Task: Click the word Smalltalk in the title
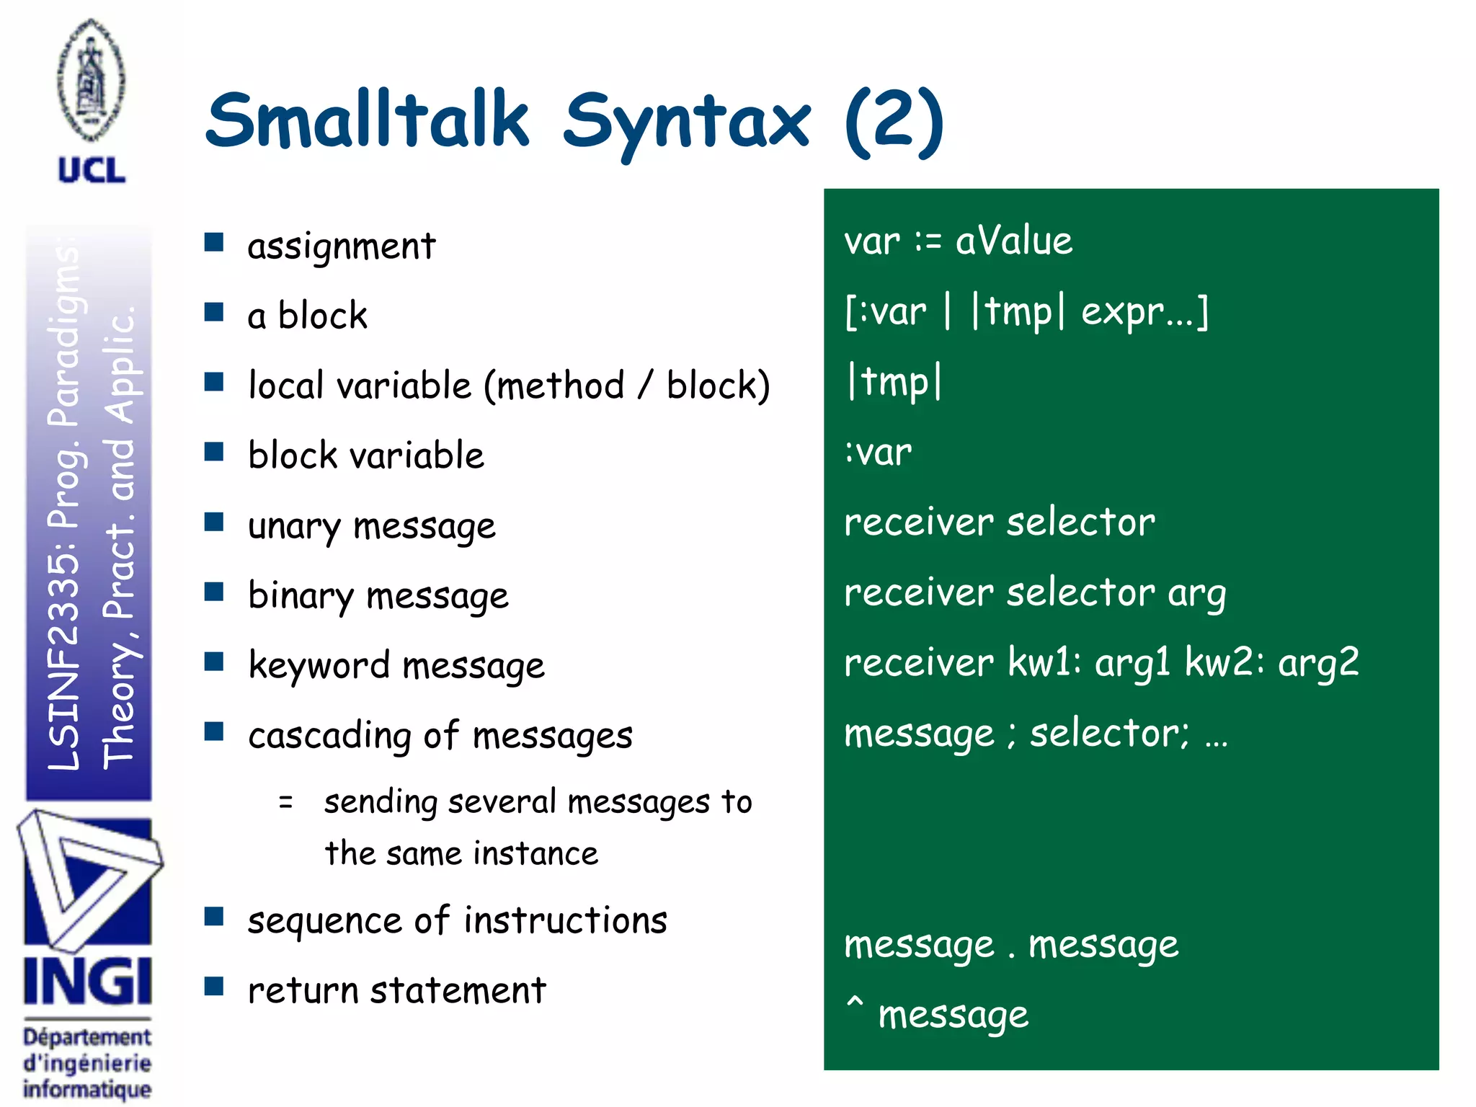[368, 119]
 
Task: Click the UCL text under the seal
[92, 171]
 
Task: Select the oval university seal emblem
[91, 81]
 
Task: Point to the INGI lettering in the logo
[88, 981]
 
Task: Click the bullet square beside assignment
[214, 242]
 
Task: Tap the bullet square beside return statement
[214, 986]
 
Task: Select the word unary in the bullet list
[293, 526]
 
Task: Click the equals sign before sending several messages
[286, 801]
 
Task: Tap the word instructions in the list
[566, 920]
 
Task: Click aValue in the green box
[1013, 241]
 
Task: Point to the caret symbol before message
[855, 1003]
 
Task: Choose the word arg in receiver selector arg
[1196, 594]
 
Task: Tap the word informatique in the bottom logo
[87, 1089]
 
